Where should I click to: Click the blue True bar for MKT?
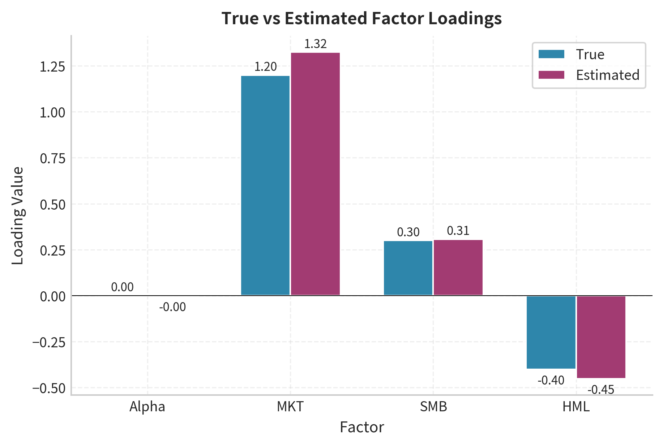(x=265, y=185)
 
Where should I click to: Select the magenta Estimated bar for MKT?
(x=315, y=174)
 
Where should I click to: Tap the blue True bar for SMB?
(x=408, y=268)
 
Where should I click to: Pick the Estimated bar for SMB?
(x=458, y=267)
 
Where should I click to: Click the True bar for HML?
(x=551, y=332)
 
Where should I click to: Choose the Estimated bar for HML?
(x=601, y=337)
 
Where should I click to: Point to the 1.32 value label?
(x=315, y=44)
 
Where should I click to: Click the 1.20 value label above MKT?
(x=265, y=67)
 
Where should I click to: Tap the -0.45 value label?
(x=601, y=390)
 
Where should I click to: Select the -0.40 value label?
(x=551, y=380)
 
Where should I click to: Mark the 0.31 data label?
(x=458, y=231)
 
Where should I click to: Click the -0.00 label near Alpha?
(x=172, y=307)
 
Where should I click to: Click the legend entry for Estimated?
(x=607, y=75)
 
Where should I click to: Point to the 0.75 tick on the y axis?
(x=52, y=158)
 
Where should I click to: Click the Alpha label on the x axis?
(x=147, y=407)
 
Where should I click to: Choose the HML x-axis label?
(x=576, y=407)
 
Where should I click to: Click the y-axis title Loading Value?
(x=17, y=215)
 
